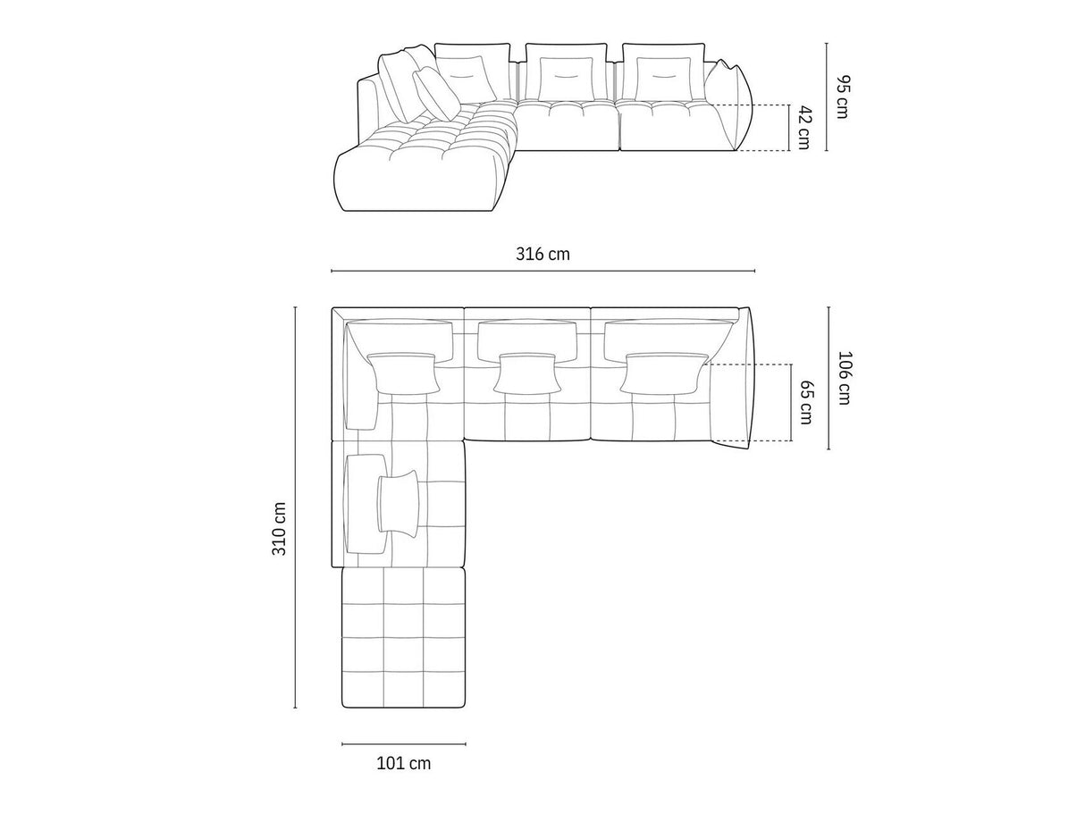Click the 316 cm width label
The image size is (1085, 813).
pos(542,255)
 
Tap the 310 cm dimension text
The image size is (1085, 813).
pos(280,529)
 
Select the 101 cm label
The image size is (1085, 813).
pos(403,763)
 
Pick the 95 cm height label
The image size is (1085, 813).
pos(841,96)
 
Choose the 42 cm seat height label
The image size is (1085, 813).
pos(803,127)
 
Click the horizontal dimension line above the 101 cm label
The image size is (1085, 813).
pos(403,743)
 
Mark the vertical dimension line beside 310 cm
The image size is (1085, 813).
pos(296,507)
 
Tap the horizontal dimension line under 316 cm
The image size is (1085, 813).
pos(542,271)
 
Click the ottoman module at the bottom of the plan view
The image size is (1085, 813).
pos(404,637)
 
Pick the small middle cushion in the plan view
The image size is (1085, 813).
pos(526,373)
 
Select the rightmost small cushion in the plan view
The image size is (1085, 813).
pos(663,373)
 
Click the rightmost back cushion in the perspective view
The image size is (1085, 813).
pos(662,72)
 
